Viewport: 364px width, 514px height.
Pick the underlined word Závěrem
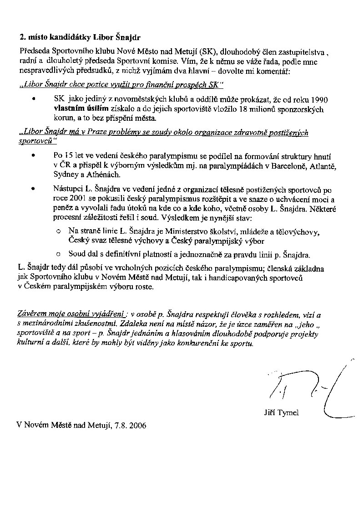(x=32, y=314)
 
